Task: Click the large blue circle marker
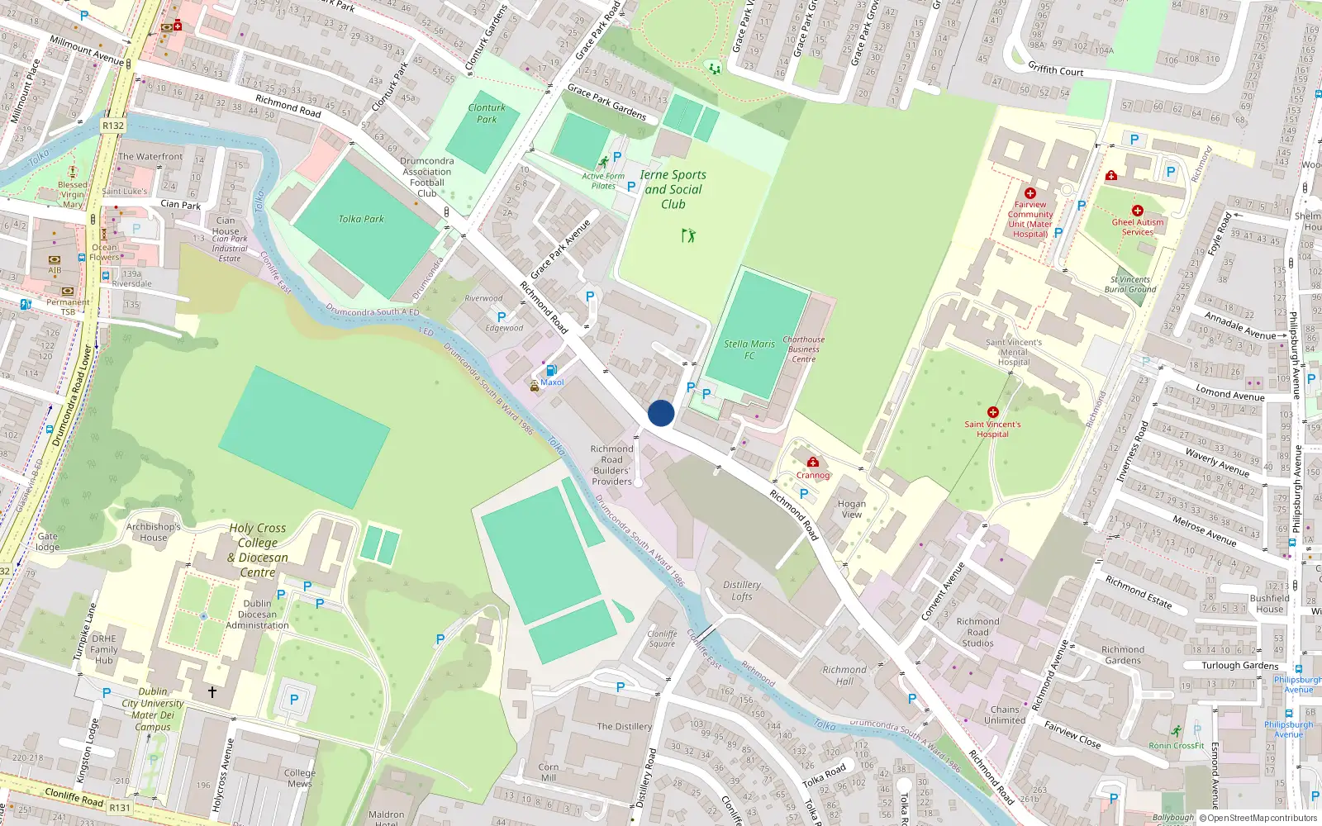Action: (661, 413)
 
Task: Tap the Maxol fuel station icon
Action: (551, 371)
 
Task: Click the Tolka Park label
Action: (361, 219)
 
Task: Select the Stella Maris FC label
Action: (749, 349)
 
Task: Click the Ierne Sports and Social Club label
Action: (673, 189)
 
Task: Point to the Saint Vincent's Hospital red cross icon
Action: (993, 412)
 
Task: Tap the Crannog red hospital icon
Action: (813, 463)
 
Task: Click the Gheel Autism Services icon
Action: (1138, 211)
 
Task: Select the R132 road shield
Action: (113, 126)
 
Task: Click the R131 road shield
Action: (120, 807)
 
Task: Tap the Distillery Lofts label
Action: (742, 590)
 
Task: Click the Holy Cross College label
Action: (258, 549)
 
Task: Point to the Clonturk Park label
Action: (487, 113)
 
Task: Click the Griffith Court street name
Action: (1055, 69)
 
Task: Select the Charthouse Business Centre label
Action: (804, 349)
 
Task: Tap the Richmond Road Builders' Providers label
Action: (611, 465)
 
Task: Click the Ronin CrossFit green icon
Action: (1177, 731)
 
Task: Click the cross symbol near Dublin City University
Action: (212, 691)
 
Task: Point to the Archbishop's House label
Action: (153, 532)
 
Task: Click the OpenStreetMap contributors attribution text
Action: (1258, 819)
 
